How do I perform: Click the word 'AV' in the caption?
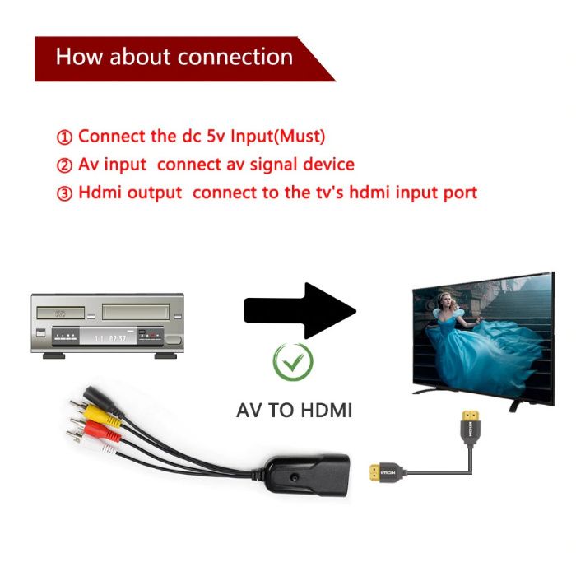251,409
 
